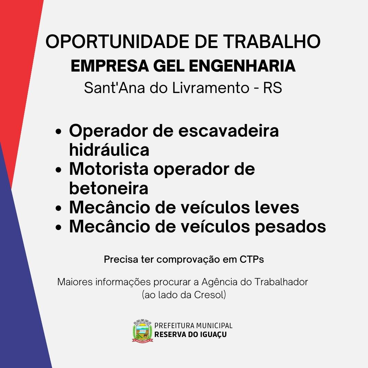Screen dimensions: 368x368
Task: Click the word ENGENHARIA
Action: click(x=242, y=66)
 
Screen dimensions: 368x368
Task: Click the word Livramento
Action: click(x=211, y=88)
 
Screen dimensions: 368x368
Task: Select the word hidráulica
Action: click(x=109, y=150)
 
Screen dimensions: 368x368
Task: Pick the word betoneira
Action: click(x=109, y=188)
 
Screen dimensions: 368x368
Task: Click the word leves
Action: click(x=277, y=207)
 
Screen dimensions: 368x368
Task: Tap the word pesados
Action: click(x=290, y=227)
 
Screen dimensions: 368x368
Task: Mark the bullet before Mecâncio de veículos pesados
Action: click(x=59, y=227)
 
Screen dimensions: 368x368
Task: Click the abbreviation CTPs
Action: click(x=251, y=259)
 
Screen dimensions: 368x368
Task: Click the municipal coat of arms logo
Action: click(x=142, y=331)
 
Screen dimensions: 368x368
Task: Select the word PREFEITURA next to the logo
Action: click(x=174, y=326)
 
